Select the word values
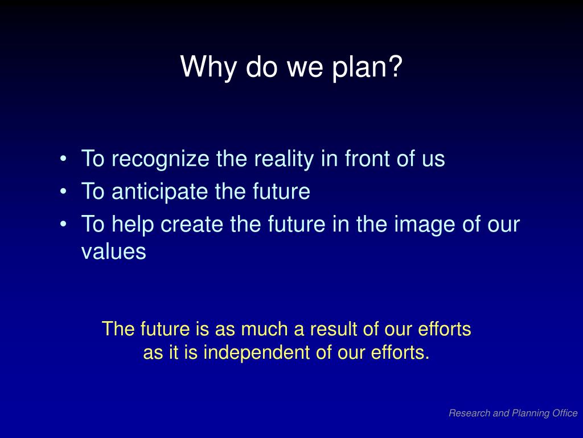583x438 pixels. coord(114,252)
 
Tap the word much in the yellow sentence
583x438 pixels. coord(259,329)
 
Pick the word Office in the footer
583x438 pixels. coord(565,413)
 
